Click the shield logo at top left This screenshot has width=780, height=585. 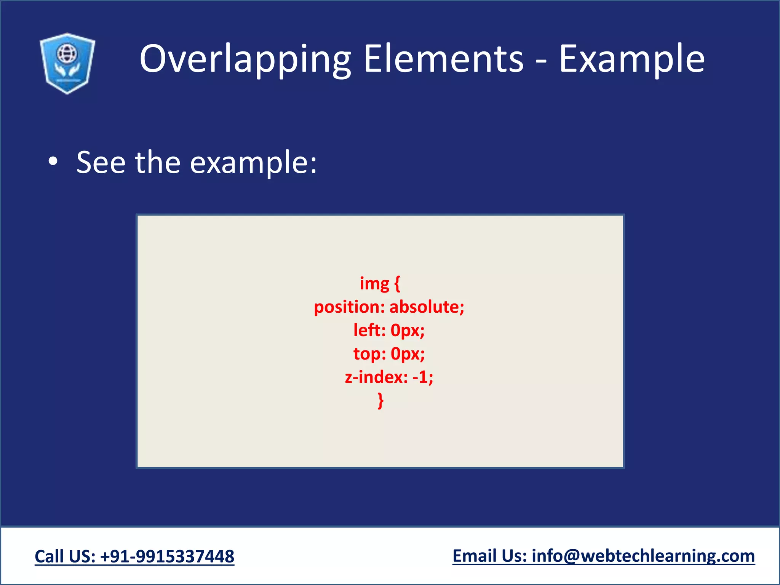coord(67,64)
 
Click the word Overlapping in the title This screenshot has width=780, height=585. coord(245,59)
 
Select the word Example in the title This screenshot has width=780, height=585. coord(631,59)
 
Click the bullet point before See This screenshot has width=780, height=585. coord(53,161)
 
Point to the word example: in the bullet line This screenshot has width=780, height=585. coord(253,163)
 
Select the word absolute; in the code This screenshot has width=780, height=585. coord(427,307)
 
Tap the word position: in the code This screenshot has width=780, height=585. coord(349,307)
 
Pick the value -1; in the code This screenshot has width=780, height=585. coord(423,377)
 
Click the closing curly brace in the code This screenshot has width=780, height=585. coord(380,401)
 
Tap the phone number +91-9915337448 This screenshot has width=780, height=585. coord(167,556)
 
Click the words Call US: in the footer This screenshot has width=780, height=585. coord(65,556)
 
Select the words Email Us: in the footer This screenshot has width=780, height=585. coord(489,556)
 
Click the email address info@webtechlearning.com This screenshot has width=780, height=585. coord(643,556)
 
